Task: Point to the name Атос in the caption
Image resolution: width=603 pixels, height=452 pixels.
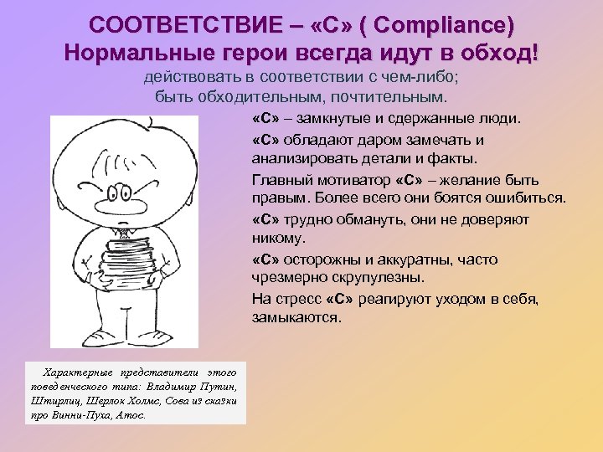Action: [131, 414]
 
